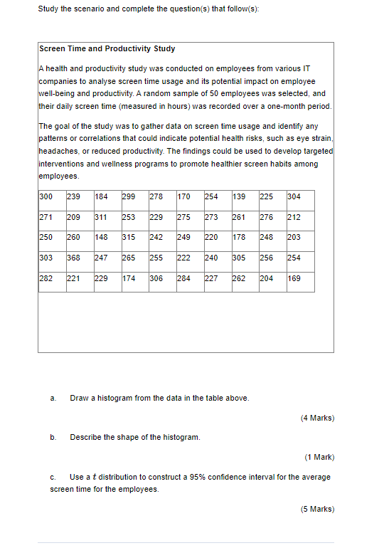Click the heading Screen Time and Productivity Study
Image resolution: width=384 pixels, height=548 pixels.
(107, 48)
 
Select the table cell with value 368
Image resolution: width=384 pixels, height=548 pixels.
(73, 258)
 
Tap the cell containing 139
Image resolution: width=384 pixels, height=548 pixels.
(240, 196)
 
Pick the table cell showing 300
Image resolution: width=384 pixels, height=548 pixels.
(46, 196)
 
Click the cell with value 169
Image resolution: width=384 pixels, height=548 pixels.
(294, 278)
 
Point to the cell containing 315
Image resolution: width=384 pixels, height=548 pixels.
(129, 237)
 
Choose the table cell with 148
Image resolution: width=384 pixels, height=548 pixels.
(101, 237)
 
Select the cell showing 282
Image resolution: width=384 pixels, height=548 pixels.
(46, 278)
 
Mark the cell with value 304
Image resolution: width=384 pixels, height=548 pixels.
(294, 196)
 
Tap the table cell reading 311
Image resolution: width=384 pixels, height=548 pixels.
(101, 217)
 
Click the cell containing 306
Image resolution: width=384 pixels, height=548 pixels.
(156, 278)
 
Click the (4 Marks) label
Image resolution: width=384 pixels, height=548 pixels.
(317, 418)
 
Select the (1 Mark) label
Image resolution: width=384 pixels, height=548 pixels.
(319, 457)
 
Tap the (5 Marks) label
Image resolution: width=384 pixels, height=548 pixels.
(317, 509)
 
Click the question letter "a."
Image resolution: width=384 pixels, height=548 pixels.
(53, 398)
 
